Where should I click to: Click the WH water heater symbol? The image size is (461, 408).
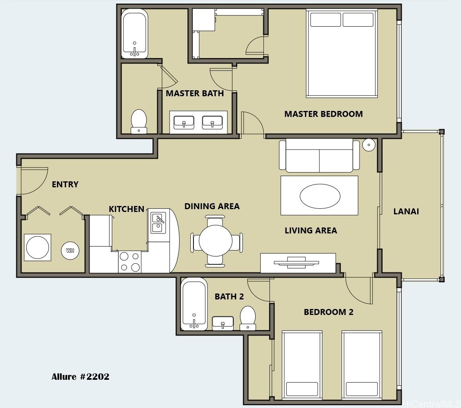click(70, 250)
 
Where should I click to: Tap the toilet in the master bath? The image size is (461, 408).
click(139, 122)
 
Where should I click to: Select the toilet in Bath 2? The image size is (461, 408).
click(248, 318)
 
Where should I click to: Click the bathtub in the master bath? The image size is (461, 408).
click(135, 33)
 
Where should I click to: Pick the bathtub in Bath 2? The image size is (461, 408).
click(194, 304)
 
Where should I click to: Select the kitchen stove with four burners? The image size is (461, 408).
click(130, 261)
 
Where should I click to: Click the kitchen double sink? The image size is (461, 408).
click(158, 223)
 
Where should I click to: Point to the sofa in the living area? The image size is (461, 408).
click(319, 155)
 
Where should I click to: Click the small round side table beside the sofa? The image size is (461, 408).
click(369, 145)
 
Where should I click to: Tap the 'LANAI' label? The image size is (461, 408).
click(406, 211)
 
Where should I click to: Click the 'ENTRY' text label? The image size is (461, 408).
click(65, 184)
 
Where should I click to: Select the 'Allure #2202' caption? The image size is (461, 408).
click(80, 377)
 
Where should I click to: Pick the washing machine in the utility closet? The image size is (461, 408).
click(38, 247)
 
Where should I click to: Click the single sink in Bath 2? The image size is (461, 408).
click(223, 323)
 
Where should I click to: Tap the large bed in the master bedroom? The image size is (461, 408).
click(342, 53)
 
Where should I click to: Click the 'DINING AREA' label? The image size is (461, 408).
click(212, 206)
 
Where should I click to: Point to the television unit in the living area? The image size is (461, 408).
click(298, 262)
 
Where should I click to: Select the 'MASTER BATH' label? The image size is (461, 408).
click(195, 93)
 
